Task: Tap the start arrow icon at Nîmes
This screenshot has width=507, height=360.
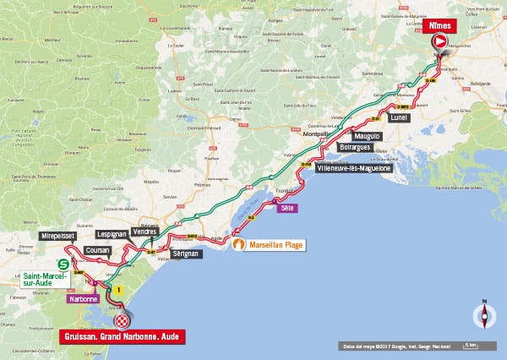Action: click(439, 42)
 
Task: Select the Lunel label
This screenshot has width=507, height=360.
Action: click(400, 118)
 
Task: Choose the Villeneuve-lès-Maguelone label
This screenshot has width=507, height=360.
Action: click(353, 168)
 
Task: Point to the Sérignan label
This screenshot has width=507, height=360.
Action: click(185, 254)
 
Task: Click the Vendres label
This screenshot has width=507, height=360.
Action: click(147, 231)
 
